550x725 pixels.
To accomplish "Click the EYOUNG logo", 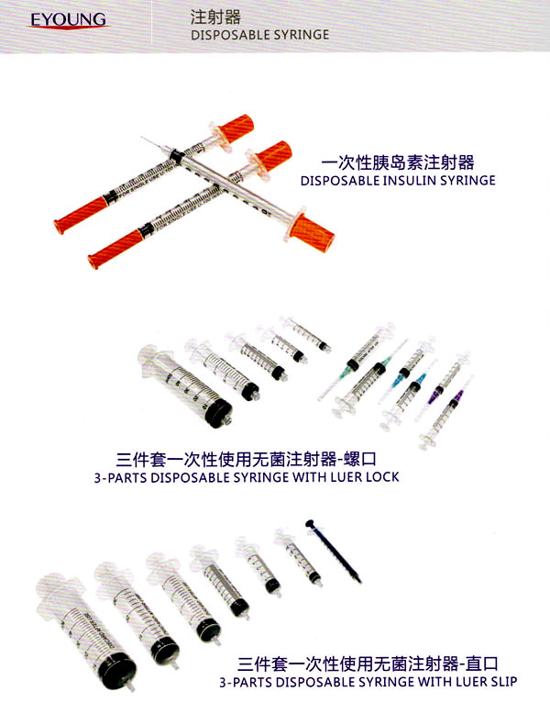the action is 69,20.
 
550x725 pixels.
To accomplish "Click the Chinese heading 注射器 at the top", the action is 215,17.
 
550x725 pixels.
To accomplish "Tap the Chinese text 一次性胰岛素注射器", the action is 398,162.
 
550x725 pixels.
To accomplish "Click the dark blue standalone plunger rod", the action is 334,552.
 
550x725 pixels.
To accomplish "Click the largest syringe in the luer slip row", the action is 86,631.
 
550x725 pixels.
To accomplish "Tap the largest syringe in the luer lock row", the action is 186,386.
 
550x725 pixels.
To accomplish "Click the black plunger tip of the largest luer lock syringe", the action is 217,411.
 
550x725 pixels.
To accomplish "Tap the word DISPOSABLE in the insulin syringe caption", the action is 340,180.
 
